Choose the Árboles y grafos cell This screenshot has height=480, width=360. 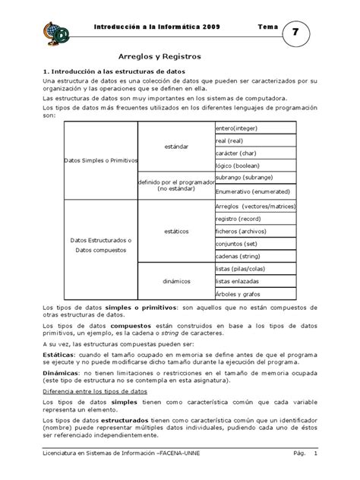click(243, 292)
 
